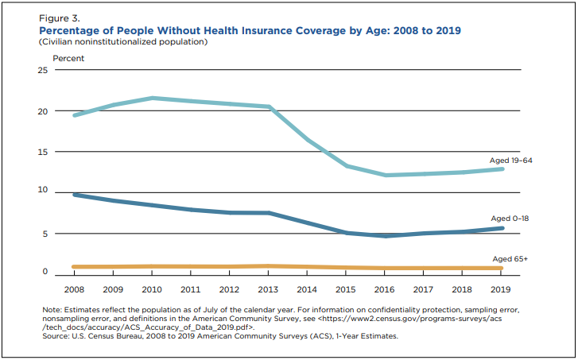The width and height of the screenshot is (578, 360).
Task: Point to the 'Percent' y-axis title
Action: coord(68,58)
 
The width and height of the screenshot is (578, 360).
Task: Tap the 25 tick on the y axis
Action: coord(43,71)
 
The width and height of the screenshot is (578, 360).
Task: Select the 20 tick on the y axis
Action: coord(43,111)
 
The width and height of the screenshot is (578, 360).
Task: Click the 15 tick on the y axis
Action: coord(43,152)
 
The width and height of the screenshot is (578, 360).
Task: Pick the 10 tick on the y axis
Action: coord(43,192)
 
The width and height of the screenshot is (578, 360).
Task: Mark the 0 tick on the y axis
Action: coord(45,273)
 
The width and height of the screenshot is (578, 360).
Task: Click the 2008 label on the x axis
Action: coord(74,290)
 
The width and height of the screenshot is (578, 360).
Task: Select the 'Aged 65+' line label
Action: coord(510,259)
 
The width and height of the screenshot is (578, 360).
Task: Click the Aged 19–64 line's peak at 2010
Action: coord(153,98)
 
